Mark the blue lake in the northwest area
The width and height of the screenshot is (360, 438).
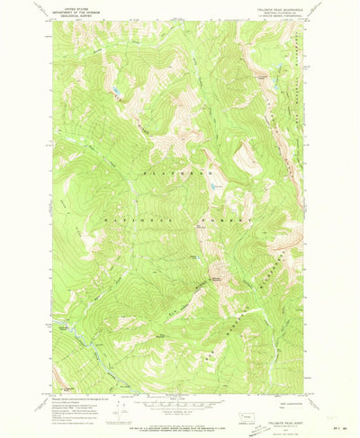(x=115, y=91)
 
